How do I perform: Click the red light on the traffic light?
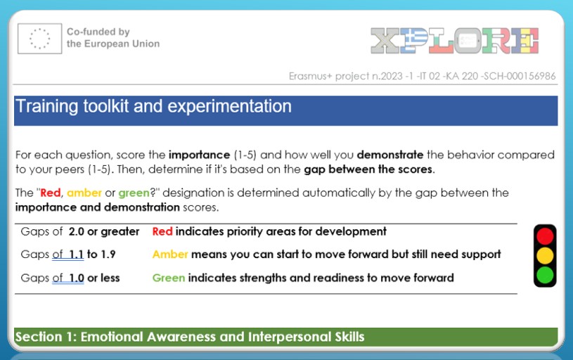[x=545, y=236]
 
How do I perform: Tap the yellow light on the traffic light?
[x=545, y=255]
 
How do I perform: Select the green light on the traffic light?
[x=545, y=275]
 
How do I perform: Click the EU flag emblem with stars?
[x=40, y=39]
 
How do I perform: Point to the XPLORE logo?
[x=455, y=41]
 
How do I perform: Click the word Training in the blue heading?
[x=47, y=107]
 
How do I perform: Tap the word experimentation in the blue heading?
[x=229, y=106]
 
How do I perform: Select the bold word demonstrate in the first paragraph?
[x=390, y=155]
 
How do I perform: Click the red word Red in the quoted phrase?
[x=51, y=193]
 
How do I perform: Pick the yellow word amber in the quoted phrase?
[x=84, y=193]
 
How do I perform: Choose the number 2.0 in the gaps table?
[x=77, y=231]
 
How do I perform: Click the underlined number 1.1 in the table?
[x=77, y=254]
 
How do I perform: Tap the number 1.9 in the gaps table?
[x=108, y=254]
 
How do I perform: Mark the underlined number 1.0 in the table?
[x=77, y=278]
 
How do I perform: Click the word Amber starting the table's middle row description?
[x=170, y=254]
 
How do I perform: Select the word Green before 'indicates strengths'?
[x=169, y=278]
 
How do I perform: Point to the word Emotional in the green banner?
[x=112, y=337]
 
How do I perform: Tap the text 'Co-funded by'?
[x=98, y=32]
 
